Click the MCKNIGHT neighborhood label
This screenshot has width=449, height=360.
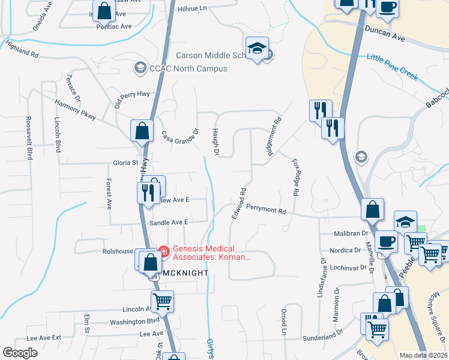click(185, 272)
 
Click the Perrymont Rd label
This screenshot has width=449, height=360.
click(265, 210)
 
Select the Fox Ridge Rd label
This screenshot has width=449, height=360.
click(295, 178)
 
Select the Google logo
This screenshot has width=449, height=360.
click(20, 353)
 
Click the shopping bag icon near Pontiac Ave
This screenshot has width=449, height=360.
click(104, 11)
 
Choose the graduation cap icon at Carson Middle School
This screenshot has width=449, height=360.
click(257, 49)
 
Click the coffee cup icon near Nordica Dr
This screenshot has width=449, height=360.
click(386, 241)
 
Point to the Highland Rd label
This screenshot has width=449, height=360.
click(22, 49)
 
